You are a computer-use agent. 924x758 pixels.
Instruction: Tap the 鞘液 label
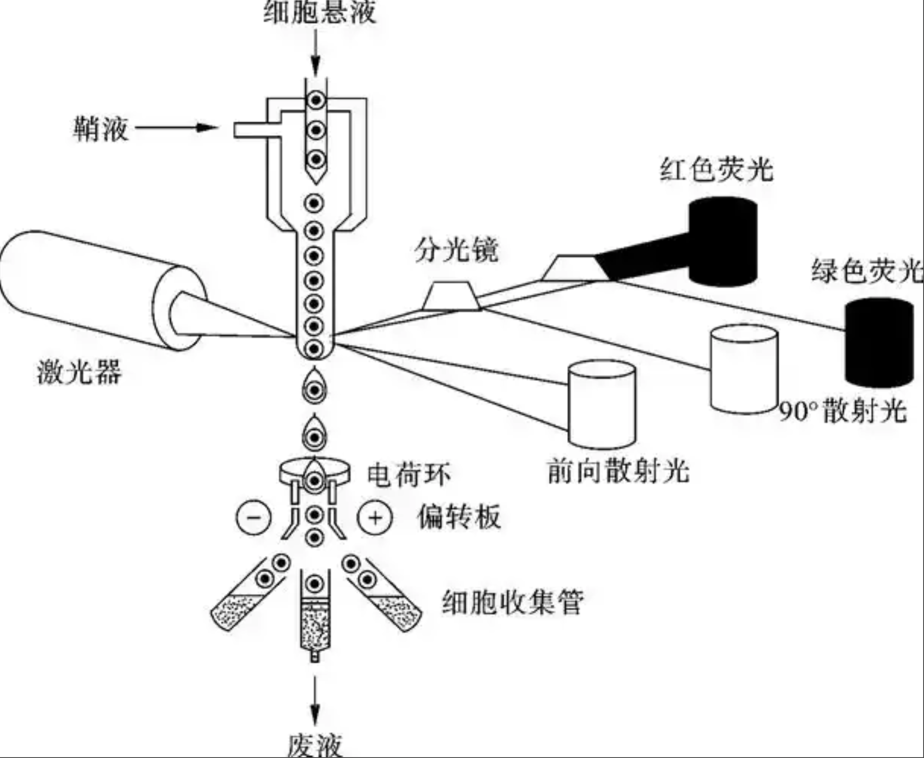point(101,129)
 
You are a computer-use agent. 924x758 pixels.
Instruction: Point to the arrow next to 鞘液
point(176,128)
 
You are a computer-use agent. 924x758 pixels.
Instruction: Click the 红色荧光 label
point(716,169)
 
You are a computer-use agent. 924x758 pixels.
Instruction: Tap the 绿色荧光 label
point(867,270)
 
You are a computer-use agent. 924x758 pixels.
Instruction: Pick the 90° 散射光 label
point(843,411)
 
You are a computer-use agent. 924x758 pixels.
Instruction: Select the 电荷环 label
point(409,475)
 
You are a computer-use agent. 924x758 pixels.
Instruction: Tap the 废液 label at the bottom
point(314,745)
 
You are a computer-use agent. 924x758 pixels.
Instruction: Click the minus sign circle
point(253,518)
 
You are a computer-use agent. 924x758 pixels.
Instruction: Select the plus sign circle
point(375,518)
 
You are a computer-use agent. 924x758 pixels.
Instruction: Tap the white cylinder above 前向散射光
point(602,404)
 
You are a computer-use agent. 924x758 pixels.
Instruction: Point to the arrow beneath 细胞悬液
point(315,52)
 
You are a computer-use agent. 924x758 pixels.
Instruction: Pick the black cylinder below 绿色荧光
point(879,343)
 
